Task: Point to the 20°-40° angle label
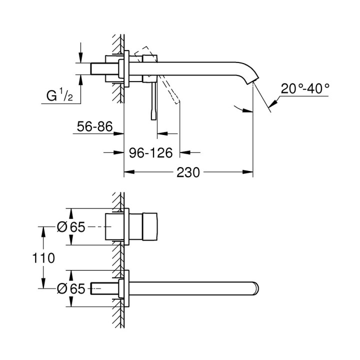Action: point(305,88)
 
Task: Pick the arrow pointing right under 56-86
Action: point(120,134)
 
